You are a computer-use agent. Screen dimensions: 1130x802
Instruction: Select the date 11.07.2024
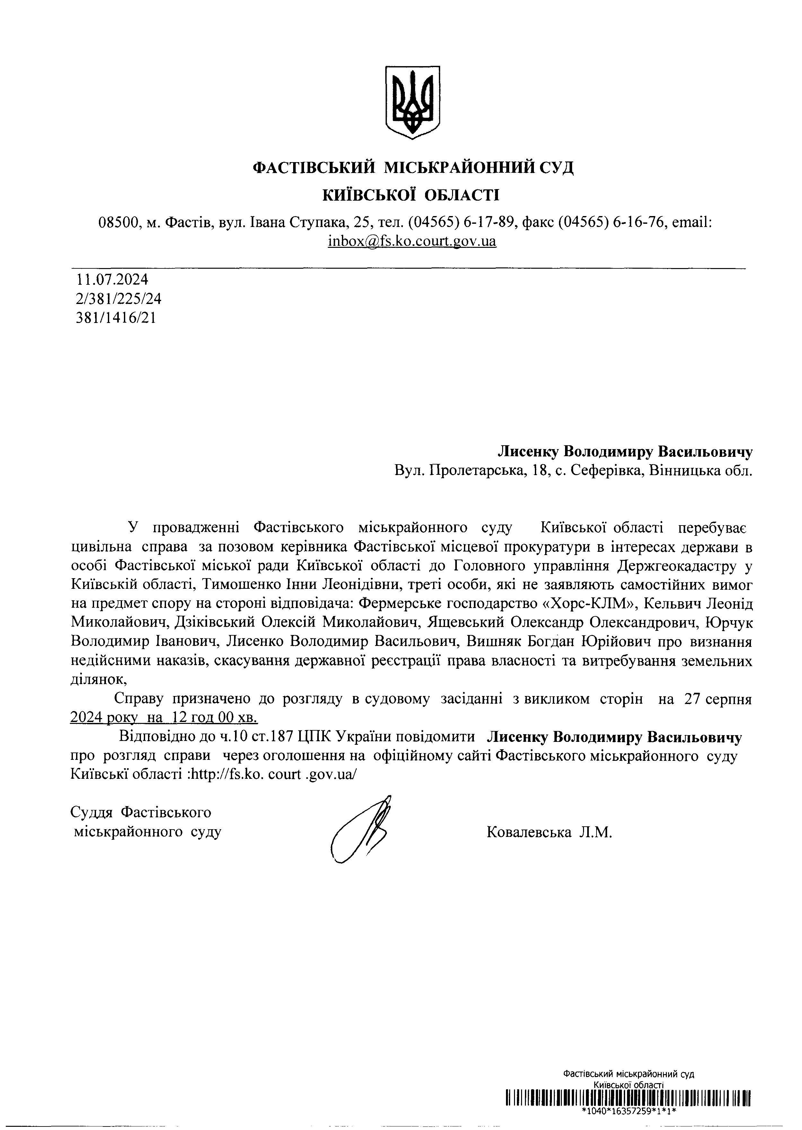click(x=112, y=280)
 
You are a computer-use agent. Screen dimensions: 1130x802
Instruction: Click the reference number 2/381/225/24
click(x=118, y=299)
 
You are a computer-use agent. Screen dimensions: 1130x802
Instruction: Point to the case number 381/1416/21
click(x=116, y=317)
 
